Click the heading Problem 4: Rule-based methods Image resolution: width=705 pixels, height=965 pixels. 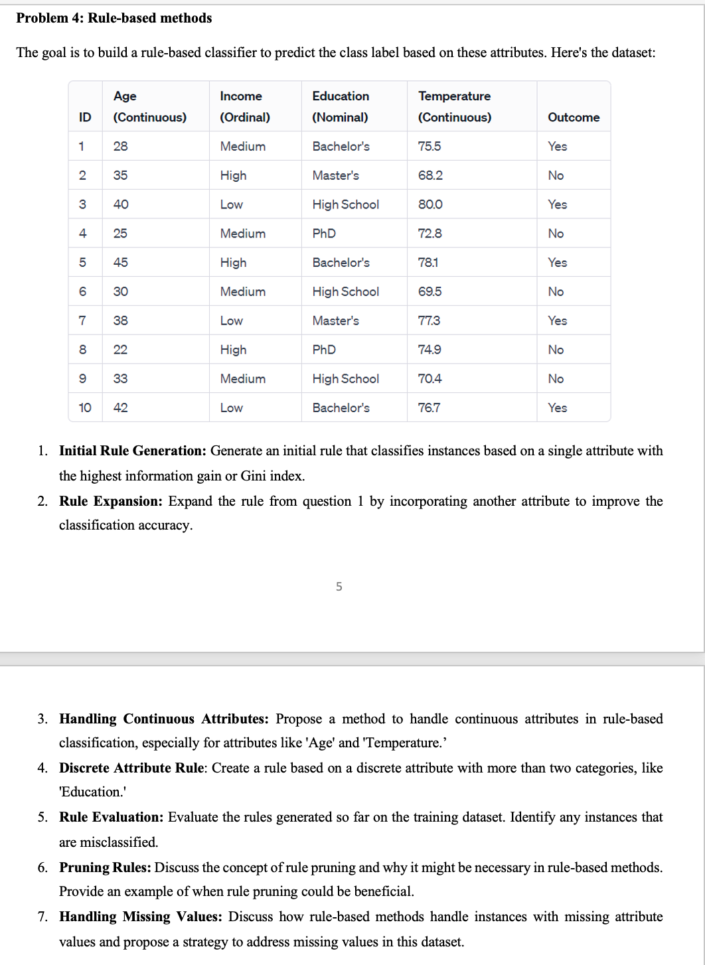point(114,19)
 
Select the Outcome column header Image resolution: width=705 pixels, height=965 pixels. point(573,117)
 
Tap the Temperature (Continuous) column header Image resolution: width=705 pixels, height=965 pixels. point(454,106)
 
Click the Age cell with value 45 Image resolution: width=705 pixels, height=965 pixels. point(120,262)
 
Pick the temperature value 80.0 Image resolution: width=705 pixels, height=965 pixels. point(430,204)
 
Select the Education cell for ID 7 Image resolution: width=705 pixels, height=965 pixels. point(335,321)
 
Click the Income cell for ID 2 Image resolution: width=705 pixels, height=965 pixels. point(233,175)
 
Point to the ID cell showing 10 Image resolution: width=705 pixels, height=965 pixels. point(85,408)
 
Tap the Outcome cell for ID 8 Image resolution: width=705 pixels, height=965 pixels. point(556,350)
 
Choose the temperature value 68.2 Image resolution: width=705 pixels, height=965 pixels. point(430,175)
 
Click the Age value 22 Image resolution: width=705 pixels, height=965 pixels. point(120,350)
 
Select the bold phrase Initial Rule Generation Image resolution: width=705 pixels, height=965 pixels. point(133,451)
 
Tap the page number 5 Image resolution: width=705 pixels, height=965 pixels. point(339,587)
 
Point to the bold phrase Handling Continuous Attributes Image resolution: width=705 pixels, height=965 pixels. point(163,719)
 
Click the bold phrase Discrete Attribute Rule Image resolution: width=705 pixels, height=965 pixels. point(133,768)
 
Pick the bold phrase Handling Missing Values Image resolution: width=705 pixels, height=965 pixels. point(140,917)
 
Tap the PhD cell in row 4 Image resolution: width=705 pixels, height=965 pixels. point(324,234)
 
